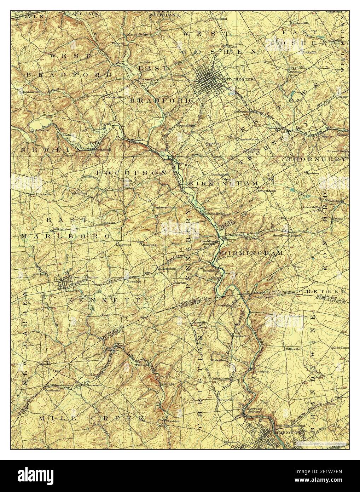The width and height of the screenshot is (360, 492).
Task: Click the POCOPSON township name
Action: pos(131,172)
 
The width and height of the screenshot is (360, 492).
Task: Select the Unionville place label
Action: pos(40,194)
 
